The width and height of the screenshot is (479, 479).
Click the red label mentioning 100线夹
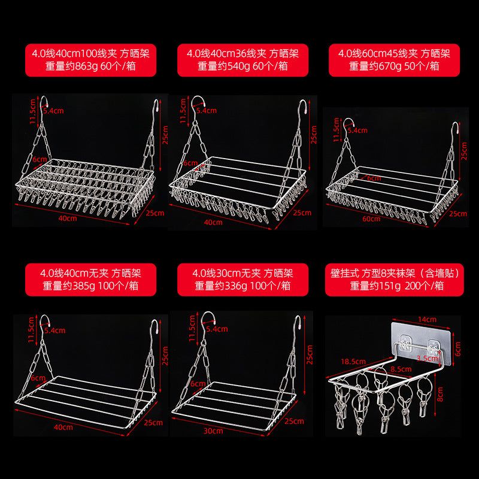[x=90, y=60]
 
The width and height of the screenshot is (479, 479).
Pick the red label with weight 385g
[x=90, y=279]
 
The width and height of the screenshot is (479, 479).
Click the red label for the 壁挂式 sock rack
[x=395, y=279]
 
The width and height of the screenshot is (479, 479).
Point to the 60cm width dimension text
[x=372, y=219]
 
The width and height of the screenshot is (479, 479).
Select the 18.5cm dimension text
[x=353, y=362]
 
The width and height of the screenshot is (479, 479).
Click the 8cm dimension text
[x=457, y=395]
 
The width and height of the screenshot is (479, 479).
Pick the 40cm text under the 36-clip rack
[x=213, y=222]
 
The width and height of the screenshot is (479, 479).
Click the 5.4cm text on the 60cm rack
[x=357, y=129]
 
